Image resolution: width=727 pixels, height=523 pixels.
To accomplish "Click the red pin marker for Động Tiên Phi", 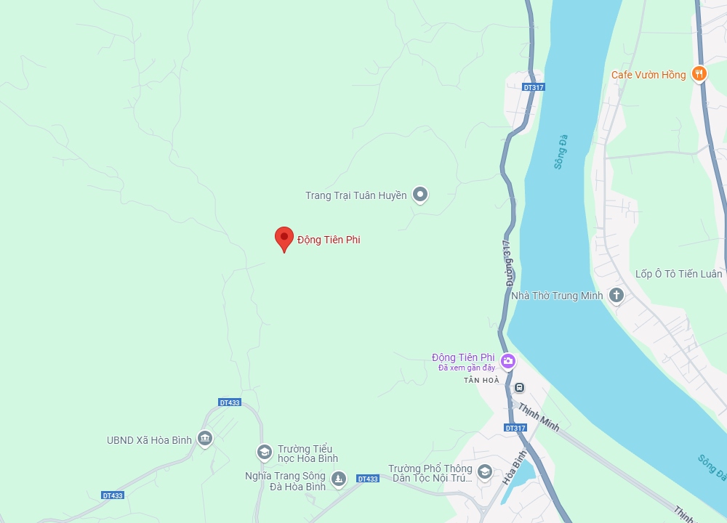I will (x=284, y=238).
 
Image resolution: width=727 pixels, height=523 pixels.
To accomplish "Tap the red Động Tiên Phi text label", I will (x=329, y=240).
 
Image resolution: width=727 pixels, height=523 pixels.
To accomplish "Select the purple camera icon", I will (x=507, y=360).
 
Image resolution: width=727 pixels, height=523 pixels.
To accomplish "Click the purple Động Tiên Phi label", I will (x=463, y=357).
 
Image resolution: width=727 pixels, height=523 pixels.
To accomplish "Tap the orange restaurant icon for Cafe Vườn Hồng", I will (x=699, y=73).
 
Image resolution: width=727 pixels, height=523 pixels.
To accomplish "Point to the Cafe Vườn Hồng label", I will (x=648, y=75).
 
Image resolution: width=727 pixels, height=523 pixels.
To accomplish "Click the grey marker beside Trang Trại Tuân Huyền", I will (x=419, y=194).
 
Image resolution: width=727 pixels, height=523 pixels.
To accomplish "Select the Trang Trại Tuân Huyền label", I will (x=356, y=195).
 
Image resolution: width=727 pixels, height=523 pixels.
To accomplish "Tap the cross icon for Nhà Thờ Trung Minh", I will (x=616, y=295).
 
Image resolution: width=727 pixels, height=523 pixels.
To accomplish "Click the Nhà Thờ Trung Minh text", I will (x=558, y=296).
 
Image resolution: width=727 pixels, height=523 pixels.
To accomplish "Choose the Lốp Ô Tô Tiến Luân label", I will (x=679, y=274).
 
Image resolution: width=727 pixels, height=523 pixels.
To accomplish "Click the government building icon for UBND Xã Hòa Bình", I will (x=205, y=439).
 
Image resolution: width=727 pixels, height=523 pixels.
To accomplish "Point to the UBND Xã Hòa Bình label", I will (x=149, y=440).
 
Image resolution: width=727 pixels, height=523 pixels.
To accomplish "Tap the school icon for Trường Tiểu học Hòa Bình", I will (x=264, y=453).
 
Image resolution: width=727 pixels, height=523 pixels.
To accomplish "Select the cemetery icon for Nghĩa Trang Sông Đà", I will (x=338, y=478).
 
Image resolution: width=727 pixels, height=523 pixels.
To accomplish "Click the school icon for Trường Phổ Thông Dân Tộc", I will (x=485, y=471).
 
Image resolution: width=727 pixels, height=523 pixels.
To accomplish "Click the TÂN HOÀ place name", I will (x=482, y=380).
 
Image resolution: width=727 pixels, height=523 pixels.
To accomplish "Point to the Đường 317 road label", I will (x=510, y=261).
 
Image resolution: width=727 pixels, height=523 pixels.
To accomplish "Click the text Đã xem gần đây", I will (x=467, y=368).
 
